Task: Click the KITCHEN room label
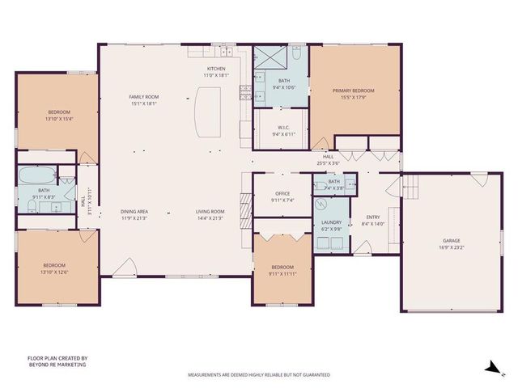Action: (215, 69)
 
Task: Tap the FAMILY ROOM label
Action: (143, 97)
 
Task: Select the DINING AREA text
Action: (134, 212)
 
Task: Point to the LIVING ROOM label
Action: (210, 212)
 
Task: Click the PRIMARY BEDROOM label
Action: (355, 91)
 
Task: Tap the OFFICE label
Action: (282, 193)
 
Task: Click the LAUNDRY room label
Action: (331, 222)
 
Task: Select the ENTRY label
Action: (372, 217)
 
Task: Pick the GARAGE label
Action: (452, 241)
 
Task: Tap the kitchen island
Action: (208, 113)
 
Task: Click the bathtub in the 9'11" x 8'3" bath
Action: (38, 175)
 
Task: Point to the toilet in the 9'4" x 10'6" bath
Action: (297, 55)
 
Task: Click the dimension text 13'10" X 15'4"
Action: (59, 119)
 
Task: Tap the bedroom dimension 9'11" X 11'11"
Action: (282, 272)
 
